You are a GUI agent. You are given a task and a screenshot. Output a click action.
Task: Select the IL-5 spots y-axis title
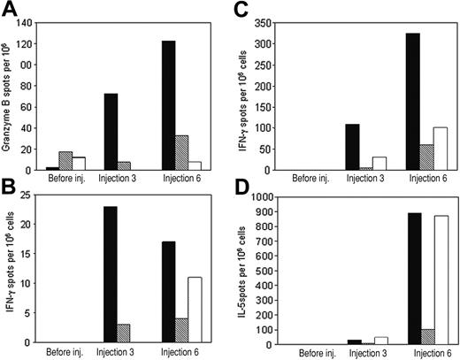pyautogui.click(x=241, y=271)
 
